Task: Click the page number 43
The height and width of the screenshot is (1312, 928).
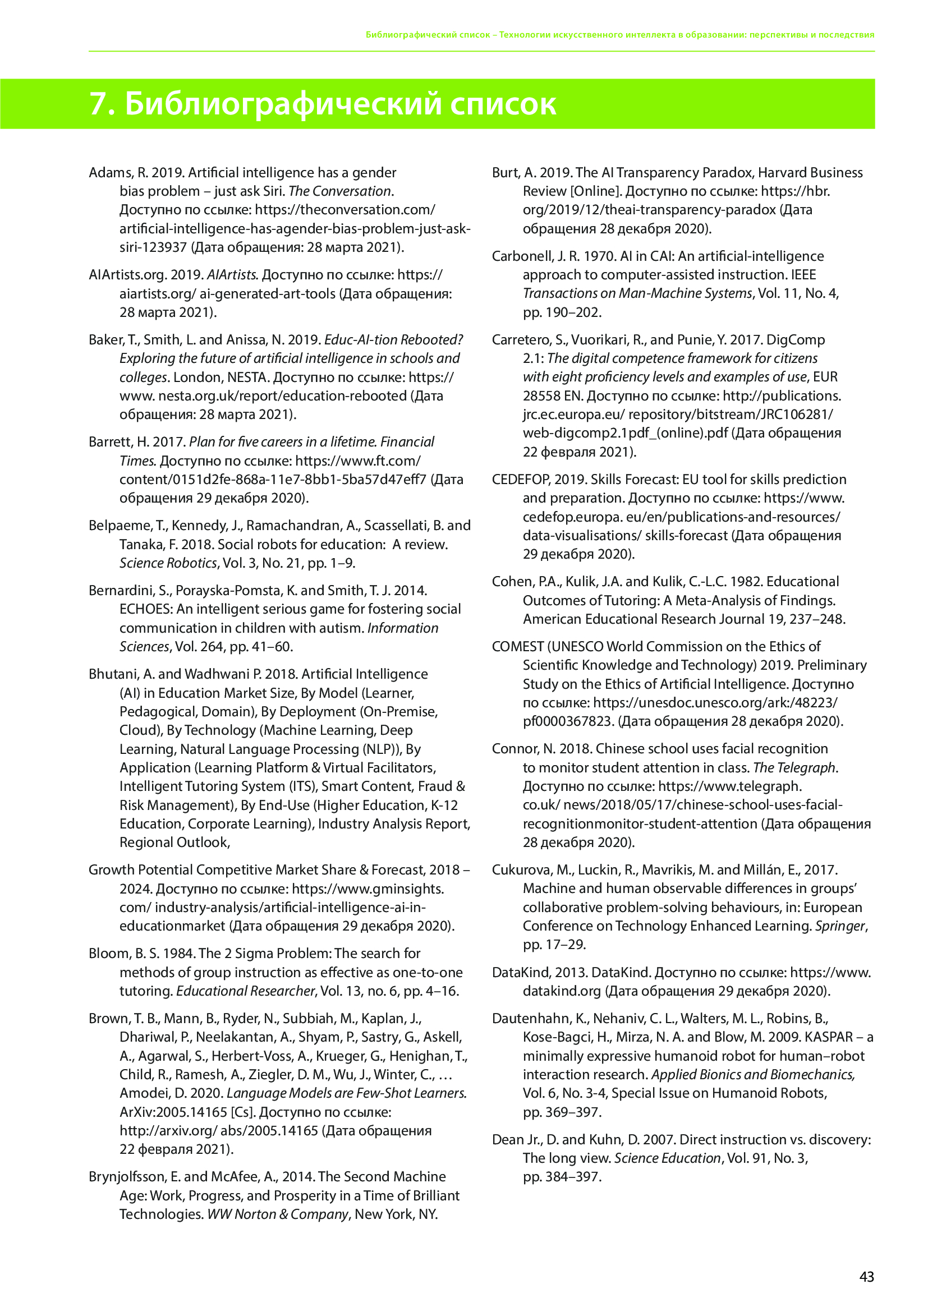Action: (x=866, y=1277)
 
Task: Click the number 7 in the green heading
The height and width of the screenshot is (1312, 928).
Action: (x=98, y=104)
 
